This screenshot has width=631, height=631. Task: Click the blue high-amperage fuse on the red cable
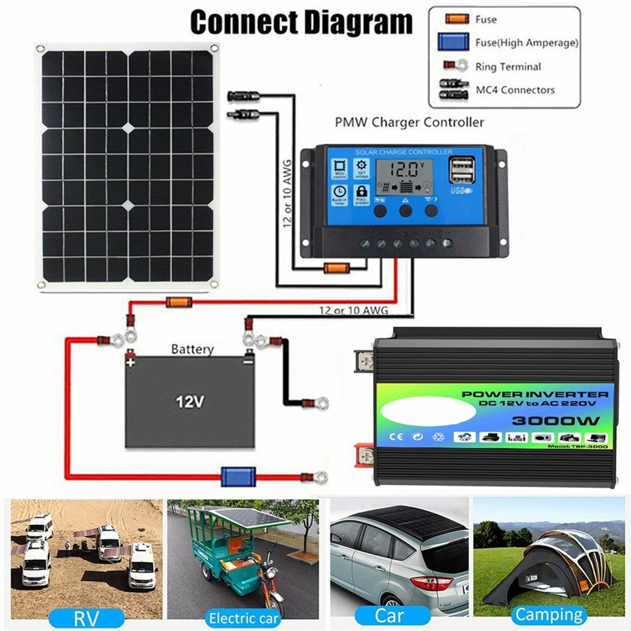pos(238,477)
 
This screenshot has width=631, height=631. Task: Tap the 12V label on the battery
pos(190,402)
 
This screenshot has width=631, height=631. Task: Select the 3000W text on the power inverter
pos(556,421)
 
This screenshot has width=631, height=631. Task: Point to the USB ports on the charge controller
pos(461,170)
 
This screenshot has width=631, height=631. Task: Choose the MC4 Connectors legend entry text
pos(515,90)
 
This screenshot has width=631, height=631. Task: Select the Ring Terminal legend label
pos(508,67)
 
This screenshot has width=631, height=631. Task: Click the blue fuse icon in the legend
pos(453,42)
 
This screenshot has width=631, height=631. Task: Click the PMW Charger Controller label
pos(409,122)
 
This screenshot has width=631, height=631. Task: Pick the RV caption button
pos(86,618)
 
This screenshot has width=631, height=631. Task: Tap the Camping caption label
pos(549,614)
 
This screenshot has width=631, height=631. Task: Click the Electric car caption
pos(243,618)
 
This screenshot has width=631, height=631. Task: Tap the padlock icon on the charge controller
pos(361,193)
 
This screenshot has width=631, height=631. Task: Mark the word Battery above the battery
pos(192,349)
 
